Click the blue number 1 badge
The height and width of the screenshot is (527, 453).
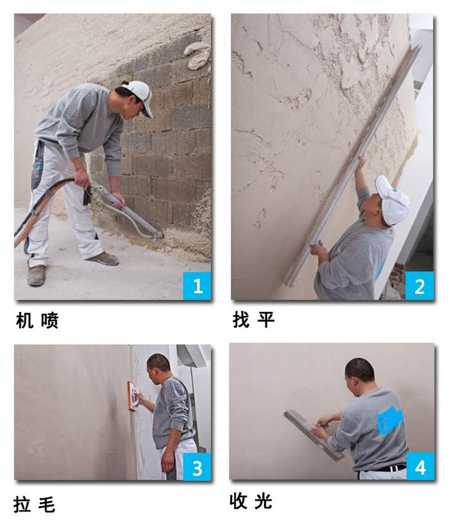click(197, 285)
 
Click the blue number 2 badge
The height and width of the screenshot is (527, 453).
click(419, 285)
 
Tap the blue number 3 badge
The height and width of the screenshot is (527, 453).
click(197, 467)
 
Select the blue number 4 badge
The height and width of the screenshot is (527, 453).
click(421, 466)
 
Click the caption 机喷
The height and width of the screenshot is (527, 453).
click(37, 320)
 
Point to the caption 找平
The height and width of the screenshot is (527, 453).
click(254, 319)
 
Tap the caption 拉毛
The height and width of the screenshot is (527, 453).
click(34, 505)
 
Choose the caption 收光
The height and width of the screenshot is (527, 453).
click(251, 501)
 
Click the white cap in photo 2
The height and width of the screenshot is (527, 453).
click(392, 200)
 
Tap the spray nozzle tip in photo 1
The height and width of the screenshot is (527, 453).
click(161, 236)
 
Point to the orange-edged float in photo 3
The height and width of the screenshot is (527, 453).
click(133, 396)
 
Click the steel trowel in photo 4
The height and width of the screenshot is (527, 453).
click(314, 434)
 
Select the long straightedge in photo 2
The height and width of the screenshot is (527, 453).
click(353, 165)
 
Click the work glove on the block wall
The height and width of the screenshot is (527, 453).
click(197, 55)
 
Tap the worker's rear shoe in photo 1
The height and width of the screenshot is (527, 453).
click(36, 275)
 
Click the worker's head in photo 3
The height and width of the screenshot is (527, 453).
click(158, 368)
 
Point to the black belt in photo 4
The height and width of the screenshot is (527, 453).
click(387, 468)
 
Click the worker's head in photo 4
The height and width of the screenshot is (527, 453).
click(359, 374)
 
